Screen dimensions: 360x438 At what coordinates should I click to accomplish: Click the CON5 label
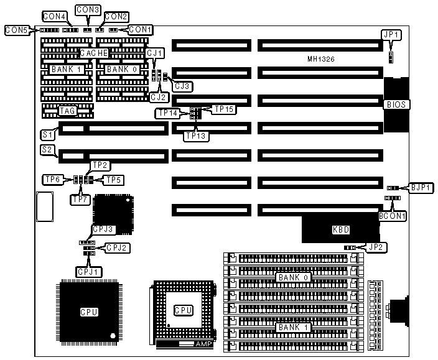tap(15, 29)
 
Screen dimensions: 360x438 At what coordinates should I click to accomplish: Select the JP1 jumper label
tap(391, 35)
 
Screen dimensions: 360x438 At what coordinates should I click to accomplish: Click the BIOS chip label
tap(396, 104)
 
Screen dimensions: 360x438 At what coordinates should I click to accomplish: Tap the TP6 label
tap(52, 179)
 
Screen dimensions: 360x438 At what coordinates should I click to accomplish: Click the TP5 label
tap(113, 180)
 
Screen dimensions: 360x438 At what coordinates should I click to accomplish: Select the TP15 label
tap(223, 109)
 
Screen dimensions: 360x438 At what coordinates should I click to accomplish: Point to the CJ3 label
tap(182, 85)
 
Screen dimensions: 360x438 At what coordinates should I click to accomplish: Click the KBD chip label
tap(341, 230)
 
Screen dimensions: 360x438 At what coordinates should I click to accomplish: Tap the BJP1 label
tap(417, 187)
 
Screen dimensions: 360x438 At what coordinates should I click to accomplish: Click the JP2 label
tap(376, 247)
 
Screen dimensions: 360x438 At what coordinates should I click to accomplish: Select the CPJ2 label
tap(117, 247)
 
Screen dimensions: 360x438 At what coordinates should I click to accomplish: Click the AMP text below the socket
tap(203, 344)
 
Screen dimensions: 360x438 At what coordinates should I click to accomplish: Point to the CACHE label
tap(95, 53)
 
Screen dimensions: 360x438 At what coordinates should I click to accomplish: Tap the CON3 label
tap(87, 10)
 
